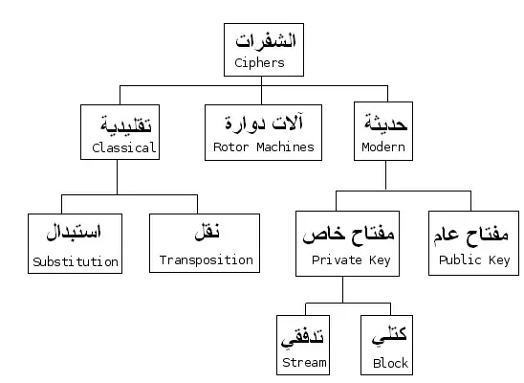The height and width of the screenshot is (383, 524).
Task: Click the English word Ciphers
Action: click(x=259, y=63)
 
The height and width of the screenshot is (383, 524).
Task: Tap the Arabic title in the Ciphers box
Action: click(x=266, y=41)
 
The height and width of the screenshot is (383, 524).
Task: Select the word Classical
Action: click(x=124, y=147)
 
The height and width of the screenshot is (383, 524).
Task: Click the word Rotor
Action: click(x=230, y=146)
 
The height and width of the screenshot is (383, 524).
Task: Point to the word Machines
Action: click(x=285, y=146)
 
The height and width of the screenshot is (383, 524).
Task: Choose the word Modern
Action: click(x=383, y=146)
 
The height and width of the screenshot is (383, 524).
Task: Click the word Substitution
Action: click(x=76, y=261)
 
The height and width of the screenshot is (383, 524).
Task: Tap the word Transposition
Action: click(x=207, y=260)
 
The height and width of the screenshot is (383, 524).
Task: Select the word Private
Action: click(x=337, y=259)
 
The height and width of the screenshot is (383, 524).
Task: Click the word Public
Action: click(x=460, y=259)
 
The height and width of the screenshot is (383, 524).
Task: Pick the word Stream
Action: click(x=304, y=362)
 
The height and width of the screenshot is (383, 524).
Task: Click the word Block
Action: click(x=391, y=363)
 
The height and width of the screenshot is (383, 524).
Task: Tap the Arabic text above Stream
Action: click(x=302, y=337)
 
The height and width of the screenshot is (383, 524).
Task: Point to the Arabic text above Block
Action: click(x=389, y=335)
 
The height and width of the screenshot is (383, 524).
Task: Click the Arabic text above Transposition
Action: click(x=207, y=231)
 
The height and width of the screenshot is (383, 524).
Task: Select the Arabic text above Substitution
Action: click(x=74, y=232)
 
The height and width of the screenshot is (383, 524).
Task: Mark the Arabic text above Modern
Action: click(x=386, y=122)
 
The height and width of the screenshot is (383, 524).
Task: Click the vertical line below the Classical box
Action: click(x=117, y=177)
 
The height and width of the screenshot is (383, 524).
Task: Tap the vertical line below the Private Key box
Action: click(x=342, y=290)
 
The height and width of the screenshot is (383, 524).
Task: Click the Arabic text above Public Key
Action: click(x=470, y=235)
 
